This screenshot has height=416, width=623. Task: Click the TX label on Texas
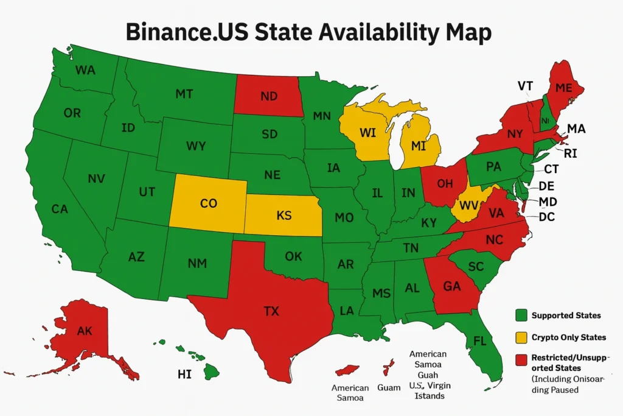[x=271, y=311]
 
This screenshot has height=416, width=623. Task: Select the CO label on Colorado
[x=208, y=203]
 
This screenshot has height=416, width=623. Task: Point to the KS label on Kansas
[x=284, y=216]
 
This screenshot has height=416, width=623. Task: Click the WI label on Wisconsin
[x=368, y=133]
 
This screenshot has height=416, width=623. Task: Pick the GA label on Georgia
[x=451, y=286]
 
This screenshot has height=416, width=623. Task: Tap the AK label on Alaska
[x=85, y=331]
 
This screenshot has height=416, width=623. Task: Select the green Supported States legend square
[x=520, y=316]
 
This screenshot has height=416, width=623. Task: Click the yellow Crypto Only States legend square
[x=520, y=337]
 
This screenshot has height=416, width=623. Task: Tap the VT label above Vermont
[x=526, y=86]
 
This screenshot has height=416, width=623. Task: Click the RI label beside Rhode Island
[x=570, y=153]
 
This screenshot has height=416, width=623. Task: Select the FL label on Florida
[x=480, y=341]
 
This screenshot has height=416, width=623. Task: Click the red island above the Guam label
[x=386, y=367]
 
